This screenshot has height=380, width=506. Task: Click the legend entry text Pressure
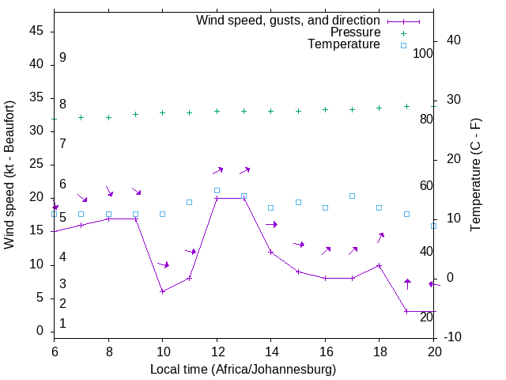(356, 32)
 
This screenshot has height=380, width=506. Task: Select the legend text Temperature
(344, 45)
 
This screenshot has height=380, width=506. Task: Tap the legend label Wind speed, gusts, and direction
(289, 20)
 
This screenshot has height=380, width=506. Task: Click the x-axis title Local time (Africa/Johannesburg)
(244, 370)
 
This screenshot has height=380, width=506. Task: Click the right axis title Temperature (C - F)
(475, 174)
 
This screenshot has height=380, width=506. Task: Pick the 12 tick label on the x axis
(217, 349)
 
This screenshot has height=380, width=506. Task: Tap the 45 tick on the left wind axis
(36, 31)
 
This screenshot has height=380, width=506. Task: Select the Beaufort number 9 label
(62, 58)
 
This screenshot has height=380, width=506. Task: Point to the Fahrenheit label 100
(424, 53)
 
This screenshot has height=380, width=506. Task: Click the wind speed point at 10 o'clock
(162, 291)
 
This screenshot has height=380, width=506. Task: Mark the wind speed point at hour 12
(217, 198)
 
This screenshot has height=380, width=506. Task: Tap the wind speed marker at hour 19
(406, 311)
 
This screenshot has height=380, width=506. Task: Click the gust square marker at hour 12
(217, 190)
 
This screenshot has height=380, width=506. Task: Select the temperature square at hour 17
(352, 196)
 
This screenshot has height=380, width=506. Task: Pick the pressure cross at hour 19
(406, 106)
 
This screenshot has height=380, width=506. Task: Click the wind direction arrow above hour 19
(407, 283)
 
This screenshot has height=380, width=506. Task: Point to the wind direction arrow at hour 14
(271, 225)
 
